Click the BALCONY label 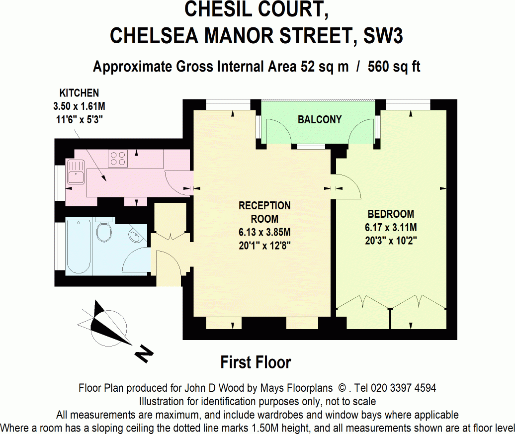point(320,119)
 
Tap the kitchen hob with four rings point(118,158)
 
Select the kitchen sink point(77,173)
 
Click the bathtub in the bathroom point(78,246)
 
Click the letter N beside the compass point(144,354)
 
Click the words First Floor point(256,362)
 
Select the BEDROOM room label point(391,214)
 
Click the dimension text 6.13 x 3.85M point(264,232)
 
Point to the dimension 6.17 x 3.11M point(391,228)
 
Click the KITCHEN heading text point(79,93)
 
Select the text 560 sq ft point(394,67)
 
